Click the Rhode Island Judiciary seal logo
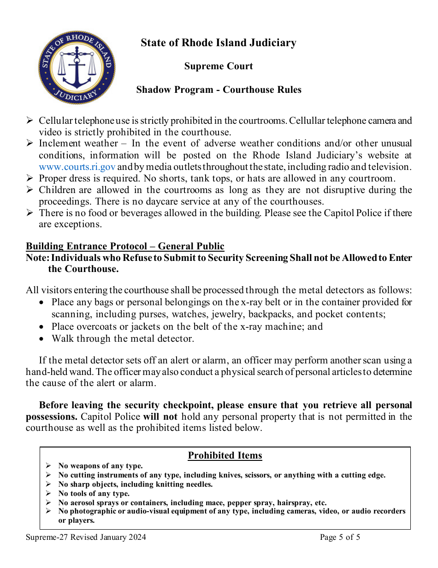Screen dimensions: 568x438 point(77,67)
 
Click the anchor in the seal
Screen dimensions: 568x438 point(77,69)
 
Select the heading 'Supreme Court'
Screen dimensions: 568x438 point(219,66)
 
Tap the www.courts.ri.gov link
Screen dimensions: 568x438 point(77,167)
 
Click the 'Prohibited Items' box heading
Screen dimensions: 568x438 point(225,455)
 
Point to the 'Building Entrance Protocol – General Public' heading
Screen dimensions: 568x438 point(125,246)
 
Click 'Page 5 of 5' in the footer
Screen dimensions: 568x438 point(340,537)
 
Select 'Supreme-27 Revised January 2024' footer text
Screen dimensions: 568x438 point(86,537)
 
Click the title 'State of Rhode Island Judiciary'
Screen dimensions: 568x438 point(219,43)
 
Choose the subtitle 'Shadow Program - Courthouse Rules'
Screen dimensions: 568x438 point(219,90)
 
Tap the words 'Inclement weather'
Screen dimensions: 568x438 point(77,143)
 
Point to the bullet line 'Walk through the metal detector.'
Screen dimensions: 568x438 point(123,338)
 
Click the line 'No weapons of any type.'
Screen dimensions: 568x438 point(101,466)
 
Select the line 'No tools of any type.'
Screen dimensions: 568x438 point(94,494)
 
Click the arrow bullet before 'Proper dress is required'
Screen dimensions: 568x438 point(30,178)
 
